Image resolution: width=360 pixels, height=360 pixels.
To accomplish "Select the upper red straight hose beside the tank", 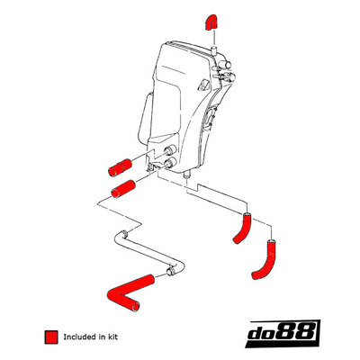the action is pyautogui.click(x=120, y=167).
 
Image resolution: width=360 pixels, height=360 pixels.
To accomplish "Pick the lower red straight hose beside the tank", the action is pyautogui.click(x=123, y=189).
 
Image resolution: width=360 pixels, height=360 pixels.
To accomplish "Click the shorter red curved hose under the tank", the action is pyautogui.click(x=244, y=228).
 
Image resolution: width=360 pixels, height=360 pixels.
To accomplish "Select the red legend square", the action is pyautogui.click(x=51, y=337).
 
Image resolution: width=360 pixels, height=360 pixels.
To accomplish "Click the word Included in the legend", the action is pyautogui.click(x=80, y=337).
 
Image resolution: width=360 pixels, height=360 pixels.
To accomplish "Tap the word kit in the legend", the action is pyautogui.click(x=112, y=337).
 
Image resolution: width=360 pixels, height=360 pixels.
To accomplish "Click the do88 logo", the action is pyautogui.click(x=282, y=333).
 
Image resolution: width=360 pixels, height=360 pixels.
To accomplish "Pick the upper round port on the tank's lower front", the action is pyautogui.click(x=171, y=149).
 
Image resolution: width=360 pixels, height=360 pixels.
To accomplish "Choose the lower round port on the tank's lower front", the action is pyautogui.click(x=169, y=163).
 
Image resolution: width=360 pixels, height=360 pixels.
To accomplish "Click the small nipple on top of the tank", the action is pyautogui.click(x=214, y=50).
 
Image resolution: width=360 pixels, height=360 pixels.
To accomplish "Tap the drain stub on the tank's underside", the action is pyautogui.click(x=187, y=175).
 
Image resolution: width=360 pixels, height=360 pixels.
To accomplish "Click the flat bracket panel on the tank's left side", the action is pyautogui.click(x=145, y=118).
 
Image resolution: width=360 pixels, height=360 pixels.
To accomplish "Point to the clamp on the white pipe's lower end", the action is pyautogui.click(x=171, y=271).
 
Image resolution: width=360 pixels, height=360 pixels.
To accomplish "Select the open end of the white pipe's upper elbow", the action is pyautogui.click(x=124, y=233).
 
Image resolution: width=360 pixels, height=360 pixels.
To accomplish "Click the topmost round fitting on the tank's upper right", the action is pyautogui.click(x=225, y=64).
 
